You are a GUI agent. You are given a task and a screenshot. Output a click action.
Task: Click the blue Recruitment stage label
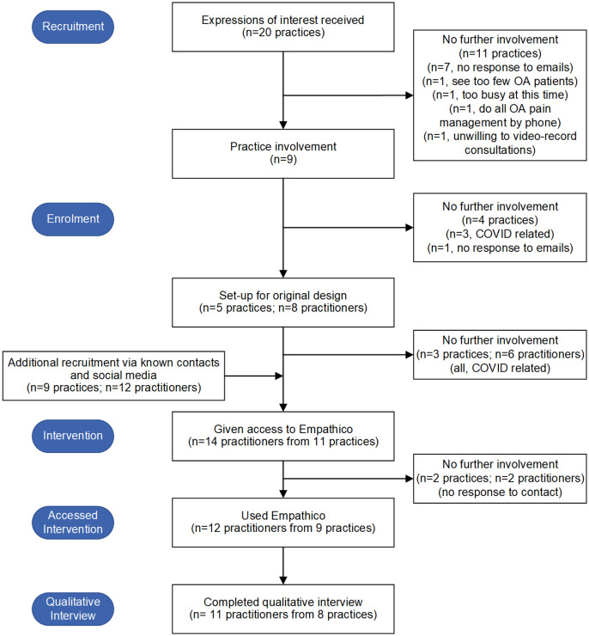click(73, 27)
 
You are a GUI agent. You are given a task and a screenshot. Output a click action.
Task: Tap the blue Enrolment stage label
click(73, 219)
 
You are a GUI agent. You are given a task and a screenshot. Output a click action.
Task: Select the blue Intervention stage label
click(73, 436)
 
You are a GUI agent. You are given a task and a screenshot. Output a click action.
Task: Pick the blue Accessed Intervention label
click(73, 523)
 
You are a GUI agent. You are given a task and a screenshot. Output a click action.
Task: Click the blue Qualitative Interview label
click(73, 608)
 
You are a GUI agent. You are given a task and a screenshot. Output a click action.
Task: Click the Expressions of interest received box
click(283, 28)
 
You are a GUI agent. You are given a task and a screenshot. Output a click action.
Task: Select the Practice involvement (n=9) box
click(283, 154)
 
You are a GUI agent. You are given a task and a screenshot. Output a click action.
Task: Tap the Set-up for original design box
click(283, 303)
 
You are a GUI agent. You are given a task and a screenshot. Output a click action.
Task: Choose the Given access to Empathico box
click(283, 437)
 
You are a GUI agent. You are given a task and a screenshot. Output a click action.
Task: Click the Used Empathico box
click(283, 523)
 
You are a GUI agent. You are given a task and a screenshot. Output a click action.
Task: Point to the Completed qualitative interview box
click(283, 609)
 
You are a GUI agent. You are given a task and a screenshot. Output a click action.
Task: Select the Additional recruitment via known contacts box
click(114, 376)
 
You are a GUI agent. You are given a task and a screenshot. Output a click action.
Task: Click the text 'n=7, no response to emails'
click(501, 67)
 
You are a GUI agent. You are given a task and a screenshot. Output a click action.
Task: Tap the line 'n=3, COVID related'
click(501, 234)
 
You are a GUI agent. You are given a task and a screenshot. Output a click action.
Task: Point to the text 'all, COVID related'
click(501, 369)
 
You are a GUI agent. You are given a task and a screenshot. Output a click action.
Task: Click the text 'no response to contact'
click(501, 492)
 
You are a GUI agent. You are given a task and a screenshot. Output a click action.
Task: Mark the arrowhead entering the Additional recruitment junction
click(279, 376)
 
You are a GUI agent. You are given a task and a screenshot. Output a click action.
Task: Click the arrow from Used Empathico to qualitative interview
click(283, 566)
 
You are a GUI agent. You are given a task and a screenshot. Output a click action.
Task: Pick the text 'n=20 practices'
click(283, 33)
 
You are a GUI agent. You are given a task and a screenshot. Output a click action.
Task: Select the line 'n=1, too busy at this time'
click(501, 95)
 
